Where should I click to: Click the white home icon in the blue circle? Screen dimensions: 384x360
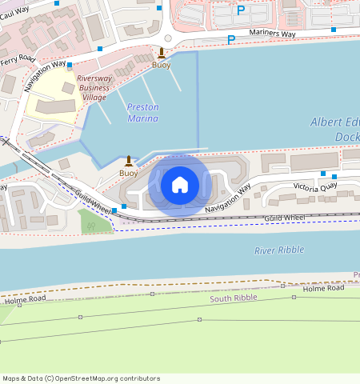pos(180,185)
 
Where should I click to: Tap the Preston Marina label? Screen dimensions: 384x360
pos(142,113)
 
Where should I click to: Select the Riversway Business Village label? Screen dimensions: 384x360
pos(94,87)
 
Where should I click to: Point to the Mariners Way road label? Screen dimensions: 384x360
pos(271,34)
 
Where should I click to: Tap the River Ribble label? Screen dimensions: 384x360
pos(279,250)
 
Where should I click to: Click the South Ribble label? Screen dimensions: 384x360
pos(232,298)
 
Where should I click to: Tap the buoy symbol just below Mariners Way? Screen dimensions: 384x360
pos(162,53)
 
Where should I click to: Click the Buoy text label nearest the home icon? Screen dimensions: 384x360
pos(128,173)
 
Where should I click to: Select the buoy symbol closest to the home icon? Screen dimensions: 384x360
pos(128,161)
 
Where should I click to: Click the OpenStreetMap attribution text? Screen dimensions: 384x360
pos(80,378)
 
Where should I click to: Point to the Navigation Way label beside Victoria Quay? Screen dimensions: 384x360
pos(227,198)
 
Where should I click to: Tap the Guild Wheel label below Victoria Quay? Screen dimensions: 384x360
pos(284,218)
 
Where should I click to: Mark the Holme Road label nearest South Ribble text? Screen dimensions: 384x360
pos(323,288)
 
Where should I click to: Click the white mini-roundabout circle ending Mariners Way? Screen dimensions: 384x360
pos(168,38)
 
